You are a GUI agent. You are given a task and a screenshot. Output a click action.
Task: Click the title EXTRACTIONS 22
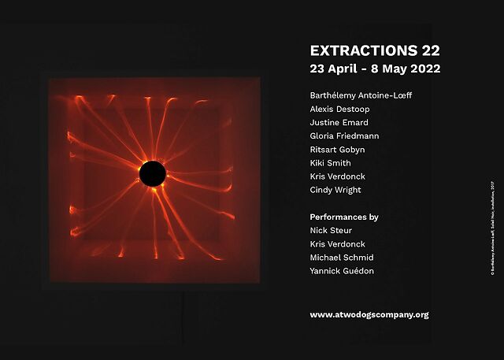[x=369, y=50]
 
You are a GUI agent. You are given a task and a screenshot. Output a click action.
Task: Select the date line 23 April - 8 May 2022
[x=375, y=69]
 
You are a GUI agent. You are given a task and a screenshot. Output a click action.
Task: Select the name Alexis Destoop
[x=340, y=109]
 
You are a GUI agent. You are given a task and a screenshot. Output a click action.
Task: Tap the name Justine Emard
[x=339, y=122]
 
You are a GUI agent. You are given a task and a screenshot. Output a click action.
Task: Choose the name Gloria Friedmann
[x=345, y=136]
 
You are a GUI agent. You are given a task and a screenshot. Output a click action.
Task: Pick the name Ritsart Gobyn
[x=338, y=150]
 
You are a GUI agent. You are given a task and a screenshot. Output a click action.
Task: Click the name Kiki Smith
[x=331, y=163]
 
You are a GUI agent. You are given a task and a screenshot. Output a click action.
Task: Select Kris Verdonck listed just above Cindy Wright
[x=338, y=176]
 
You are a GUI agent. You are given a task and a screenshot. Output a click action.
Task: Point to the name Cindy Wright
[x=335, y=190]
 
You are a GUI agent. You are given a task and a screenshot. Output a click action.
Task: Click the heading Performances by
[x=344, y=217]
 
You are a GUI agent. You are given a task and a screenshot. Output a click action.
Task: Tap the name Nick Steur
[x=332, y=231]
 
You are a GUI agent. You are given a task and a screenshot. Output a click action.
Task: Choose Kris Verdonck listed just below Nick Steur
[x=338, y=244]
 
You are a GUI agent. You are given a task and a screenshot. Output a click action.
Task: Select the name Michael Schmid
[x=342, y=258]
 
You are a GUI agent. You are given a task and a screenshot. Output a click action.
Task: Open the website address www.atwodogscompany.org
[x=369, y=314]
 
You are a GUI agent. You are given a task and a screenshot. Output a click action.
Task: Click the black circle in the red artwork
[x=152, y=173]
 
